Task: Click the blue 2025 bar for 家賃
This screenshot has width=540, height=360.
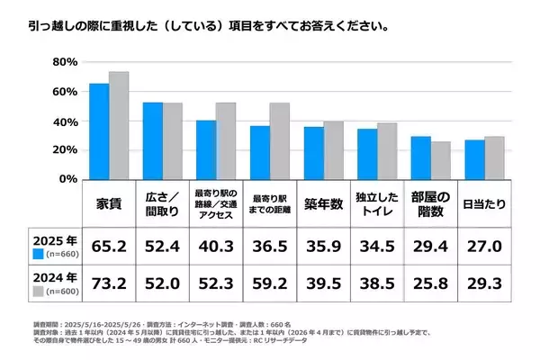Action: point(99,131)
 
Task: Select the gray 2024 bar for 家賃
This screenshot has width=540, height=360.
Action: point(119,125)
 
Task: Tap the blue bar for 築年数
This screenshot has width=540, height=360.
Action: point(313,153)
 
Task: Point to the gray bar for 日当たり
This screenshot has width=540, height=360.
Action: point(493,157)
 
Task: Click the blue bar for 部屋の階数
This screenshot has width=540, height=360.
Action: point(420,157)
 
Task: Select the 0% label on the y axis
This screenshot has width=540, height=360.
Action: point(67,178)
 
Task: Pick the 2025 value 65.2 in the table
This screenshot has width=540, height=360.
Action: point(110,244)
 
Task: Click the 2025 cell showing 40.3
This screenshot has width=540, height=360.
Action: point(216,244)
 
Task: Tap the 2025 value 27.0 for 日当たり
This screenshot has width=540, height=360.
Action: point(483,244)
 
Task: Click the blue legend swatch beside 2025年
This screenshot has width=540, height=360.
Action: point(39,255)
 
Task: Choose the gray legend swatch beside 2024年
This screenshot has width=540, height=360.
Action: point(39,292)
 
